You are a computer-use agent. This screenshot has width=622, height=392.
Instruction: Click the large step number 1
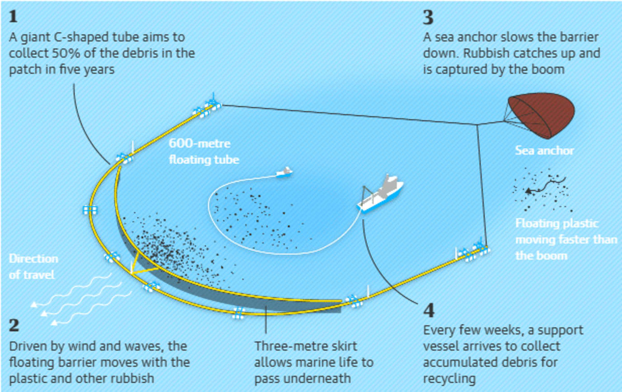coord(13,17)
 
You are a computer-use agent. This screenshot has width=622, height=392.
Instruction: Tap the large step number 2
coord(15,325)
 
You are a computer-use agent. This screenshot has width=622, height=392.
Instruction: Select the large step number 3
coord(428,17)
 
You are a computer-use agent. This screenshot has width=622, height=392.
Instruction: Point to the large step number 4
coord(429,310)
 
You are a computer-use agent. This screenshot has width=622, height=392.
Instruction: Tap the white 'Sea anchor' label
coord(544,151)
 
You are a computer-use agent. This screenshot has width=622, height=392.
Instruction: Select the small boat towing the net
coord(284,172)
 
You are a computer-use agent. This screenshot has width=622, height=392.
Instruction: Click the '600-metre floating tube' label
coord(204,151)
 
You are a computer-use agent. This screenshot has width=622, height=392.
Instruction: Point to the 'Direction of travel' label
coord(33,267)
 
